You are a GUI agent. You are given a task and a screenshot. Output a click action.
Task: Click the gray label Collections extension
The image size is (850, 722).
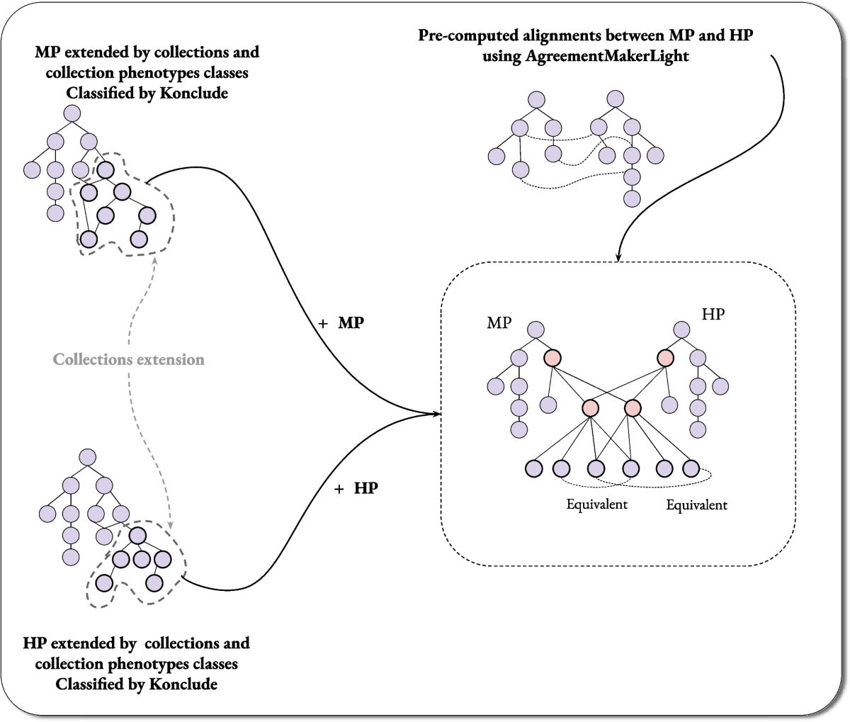click(x=129, y=359)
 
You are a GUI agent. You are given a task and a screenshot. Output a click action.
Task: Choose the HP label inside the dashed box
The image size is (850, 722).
click(x=713, y=314)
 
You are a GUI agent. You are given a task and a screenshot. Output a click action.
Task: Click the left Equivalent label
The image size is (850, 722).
click(x=597, y=504)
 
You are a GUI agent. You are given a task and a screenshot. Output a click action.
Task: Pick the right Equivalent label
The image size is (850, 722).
click(x=696, y=505)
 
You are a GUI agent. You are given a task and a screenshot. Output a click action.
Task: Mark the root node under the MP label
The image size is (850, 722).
click(x=535, y=329)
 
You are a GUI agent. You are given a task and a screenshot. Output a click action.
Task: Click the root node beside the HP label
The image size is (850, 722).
click(x=681, y=329)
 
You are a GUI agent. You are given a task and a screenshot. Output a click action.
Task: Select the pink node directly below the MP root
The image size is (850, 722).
click(x=552, y=359)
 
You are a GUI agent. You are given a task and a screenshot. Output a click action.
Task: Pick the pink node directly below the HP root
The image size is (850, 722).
click(x=665, y=359)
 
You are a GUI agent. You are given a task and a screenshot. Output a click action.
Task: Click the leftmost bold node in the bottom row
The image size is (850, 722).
click(x=534, y=468)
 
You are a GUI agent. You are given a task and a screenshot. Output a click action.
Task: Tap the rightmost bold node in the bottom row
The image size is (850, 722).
click(x=691, y=468)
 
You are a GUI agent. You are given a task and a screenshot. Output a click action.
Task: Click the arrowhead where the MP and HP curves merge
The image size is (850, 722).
click(x=434, y=414)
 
